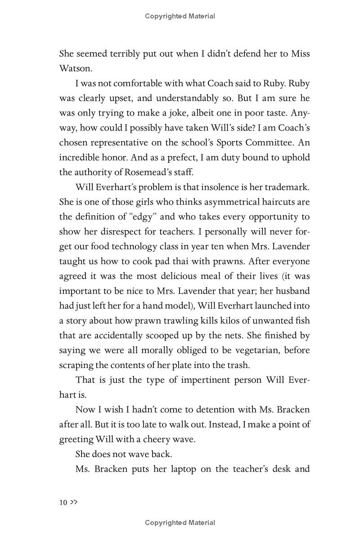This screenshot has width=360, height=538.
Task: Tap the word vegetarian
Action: pos(256,350)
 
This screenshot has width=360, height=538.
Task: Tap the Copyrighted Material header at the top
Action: pos(180,16)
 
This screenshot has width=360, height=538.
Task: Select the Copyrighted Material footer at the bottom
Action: pos(180,523)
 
